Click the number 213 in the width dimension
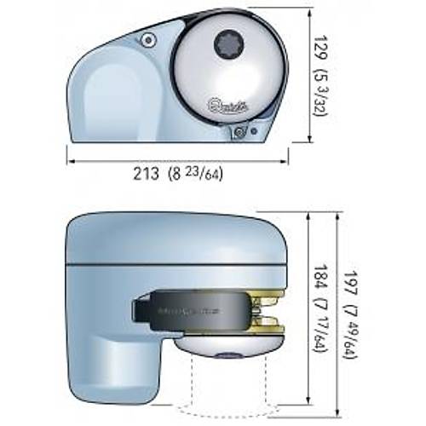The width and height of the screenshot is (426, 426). [146, 175]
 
